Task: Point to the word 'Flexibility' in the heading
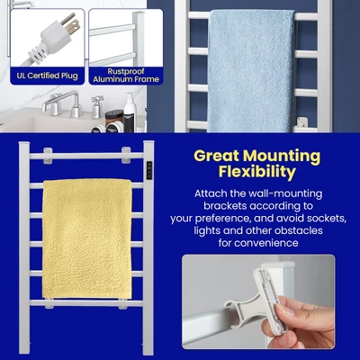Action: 261,173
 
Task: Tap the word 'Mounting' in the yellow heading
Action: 282,154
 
